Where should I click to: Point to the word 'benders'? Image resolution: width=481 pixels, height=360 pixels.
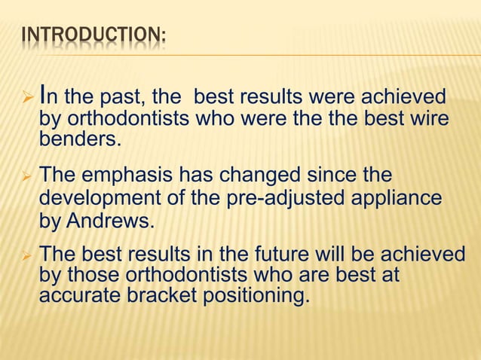pos(76,140)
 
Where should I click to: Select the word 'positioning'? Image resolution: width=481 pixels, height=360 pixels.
pos(256,296)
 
